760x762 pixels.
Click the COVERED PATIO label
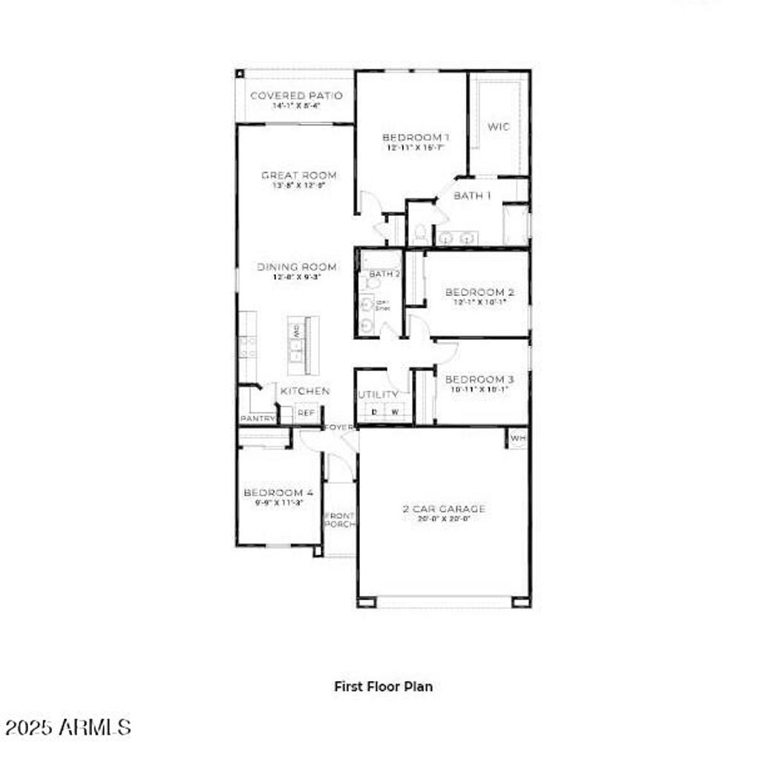click(x=296, y=96)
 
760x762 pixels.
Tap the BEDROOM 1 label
click(x=416, y=137)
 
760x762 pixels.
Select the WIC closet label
click(x=499, y=127)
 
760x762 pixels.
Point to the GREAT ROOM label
click(x=298, y=175)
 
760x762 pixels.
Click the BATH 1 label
click(x=473, y=196)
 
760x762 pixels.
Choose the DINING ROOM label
click(x=297, y=267)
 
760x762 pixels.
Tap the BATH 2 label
click(x=384, y=274)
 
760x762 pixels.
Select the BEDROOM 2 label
click(x=479, y=292)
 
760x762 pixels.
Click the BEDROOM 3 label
click(x=479, y=379)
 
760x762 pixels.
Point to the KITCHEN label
click(x=305, y=391)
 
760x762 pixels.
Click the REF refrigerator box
click(x=306, y=413)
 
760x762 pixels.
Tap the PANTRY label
click(x=258, y=419)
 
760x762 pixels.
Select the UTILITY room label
click(x=379, y=394)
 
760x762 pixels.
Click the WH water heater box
click(x=517, y=439)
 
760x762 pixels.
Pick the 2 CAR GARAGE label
click(x=444, y=509)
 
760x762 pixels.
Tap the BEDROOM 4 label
click(x=278, y=493)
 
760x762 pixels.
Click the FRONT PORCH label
click(x=340, y=520)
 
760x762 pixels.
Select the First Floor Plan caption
click(x=383, y=686)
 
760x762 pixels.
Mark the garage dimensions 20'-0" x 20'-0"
click(x=444, y=519)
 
